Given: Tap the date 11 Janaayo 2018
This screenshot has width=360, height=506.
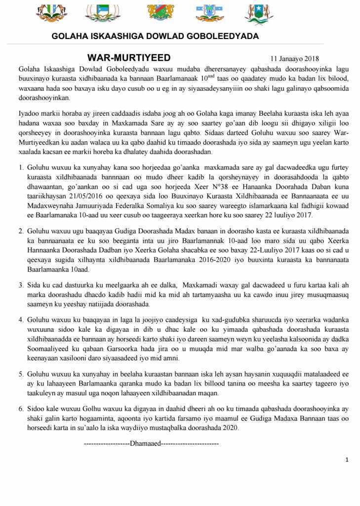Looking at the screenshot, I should pyautogui.click(x=295, y=59).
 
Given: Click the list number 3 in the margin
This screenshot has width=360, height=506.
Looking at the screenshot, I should pyautogui.click(x=21, y=285).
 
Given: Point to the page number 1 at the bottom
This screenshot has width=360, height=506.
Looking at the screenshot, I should pyautogui.click(x=347, y=460).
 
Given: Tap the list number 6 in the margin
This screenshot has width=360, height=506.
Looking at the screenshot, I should pyautogui.click(x=21, y=409).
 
